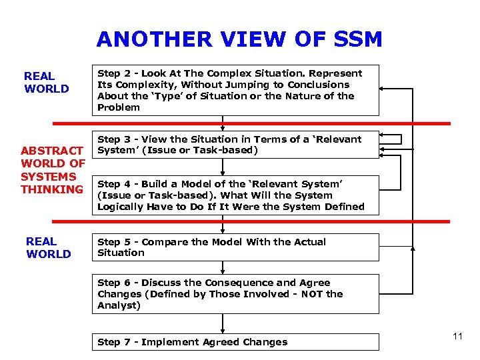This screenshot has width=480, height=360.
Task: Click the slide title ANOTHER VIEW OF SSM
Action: pos(239,39)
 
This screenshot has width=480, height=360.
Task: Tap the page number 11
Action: pos(457,336)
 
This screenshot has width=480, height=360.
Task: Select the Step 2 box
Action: pos(235,90)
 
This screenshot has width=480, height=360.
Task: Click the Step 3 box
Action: pos(235,145)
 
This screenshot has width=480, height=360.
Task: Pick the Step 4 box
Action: pos(235,195)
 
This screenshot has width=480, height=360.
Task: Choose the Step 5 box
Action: pos(235,247)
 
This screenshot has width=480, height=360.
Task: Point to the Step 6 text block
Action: pos(220,294)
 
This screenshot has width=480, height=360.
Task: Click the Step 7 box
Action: pos(235,342)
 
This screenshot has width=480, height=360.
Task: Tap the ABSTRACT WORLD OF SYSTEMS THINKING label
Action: pos(53,170)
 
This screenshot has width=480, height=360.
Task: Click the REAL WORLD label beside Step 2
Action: pos(47,83)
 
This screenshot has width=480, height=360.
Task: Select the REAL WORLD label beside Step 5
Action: pos(48,247)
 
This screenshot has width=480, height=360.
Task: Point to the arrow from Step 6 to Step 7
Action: pos(223,323)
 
